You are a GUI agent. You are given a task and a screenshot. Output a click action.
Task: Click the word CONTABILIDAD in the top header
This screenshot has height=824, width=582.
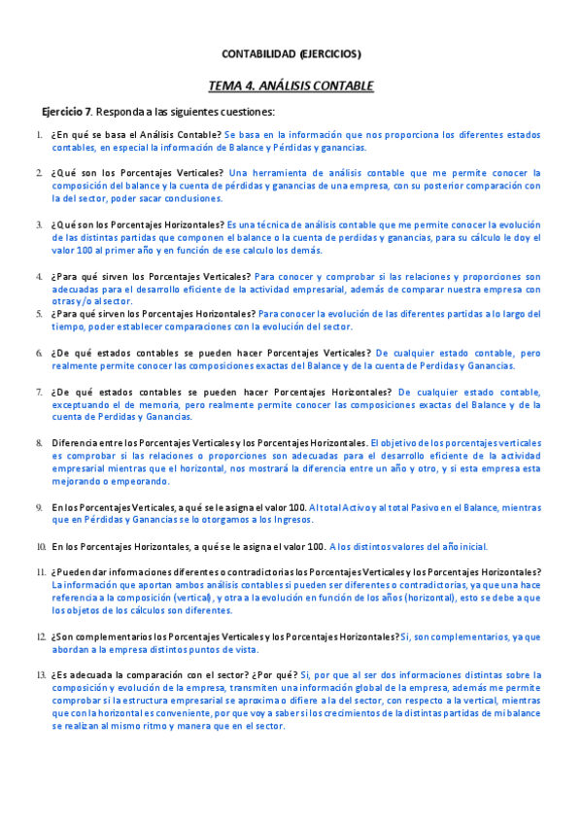coord(255,53)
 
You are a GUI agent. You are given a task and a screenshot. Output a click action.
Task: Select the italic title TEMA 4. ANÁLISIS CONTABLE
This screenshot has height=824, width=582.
coord(291,86)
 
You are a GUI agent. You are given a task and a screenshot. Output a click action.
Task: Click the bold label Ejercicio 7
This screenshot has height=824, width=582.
coord(67,112)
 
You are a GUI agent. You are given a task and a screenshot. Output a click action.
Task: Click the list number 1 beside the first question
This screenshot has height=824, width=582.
coord(39,135)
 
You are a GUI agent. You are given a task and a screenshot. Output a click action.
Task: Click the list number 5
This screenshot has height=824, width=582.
coord(39,314)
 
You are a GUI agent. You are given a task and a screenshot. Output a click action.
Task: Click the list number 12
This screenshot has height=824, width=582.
coord(41,636)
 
